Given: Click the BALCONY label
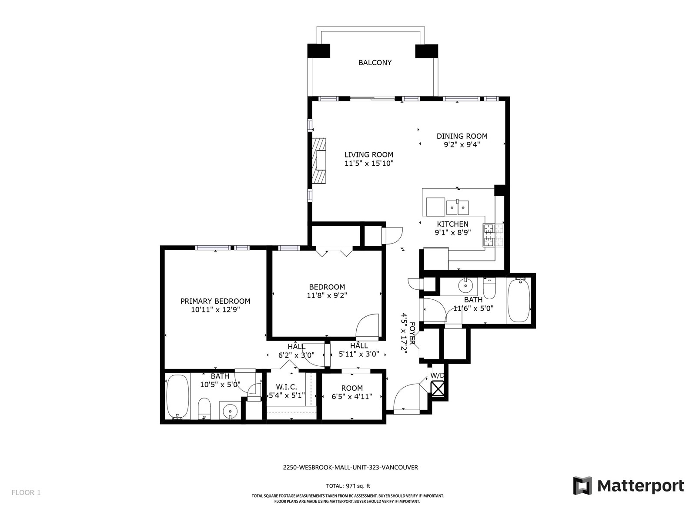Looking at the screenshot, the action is pyautogui.click(x=375, y=63).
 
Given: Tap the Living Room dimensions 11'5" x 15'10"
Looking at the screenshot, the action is pyautogui.click(x=369, y=163).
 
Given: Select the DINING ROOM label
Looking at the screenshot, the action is pyautogui.click(x=462, y=136).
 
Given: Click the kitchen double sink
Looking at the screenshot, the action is pyautogui.click(x=457, y=207).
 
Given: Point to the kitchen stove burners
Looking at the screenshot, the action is pyautogui.click(x=493, y=235).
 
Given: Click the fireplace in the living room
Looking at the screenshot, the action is pyautogui.click(x=319, y=161).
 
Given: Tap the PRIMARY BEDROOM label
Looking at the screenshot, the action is pyautogui.click(x=215, y=301).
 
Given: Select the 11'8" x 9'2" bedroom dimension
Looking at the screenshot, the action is pyautogui.click(x=327, y=295).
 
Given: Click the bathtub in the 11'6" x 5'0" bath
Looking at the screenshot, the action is pyautogui.click(x=519, y=300).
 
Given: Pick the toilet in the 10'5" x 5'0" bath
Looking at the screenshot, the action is pyautogui.click(x=204, y=408).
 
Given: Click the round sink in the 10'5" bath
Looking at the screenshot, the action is pyautogui.click(x=230, y=412).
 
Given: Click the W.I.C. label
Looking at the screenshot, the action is pyautogui.click(x=286, y=387).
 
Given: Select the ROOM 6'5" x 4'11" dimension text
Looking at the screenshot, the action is pyautogui.click(x=351, y=396).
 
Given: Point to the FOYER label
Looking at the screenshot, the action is pyautogui.click(x=412, y=333).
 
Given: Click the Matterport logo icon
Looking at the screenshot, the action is pyautogui.click(x=582, y=485).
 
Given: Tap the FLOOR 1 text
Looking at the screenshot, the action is pyautogui.click(x=26, y=492).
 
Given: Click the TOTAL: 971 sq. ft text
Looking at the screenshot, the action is pyautogui.click(x=348, y=486).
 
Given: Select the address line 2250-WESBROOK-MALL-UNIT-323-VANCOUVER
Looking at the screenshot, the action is pyautogui.click(x=350, y=467).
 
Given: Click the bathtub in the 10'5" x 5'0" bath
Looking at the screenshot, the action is pyautogui.click(x=177, y=397).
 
